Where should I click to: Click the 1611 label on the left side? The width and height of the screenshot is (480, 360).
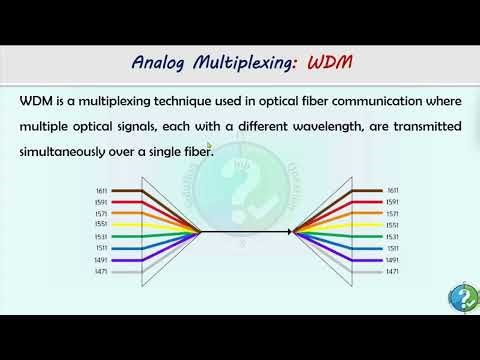pos(101,189)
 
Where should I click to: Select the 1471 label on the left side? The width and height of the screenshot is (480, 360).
pos(101,271)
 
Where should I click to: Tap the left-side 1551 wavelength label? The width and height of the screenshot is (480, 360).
pos(101,225)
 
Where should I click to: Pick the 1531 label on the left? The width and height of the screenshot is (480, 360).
pos(101,236)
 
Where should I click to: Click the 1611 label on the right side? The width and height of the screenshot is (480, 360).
pos(393,189)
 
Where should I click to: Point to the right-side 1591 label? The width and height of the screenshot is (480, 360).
pos(393,201)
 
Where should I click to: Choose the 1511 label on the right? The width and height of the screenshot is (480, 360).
pos(393,248)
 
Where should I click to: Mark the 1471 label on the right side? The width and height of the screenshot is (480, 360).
pos(393,271)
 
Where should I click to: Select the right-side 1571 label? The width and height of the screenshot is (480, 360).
pos(393,213)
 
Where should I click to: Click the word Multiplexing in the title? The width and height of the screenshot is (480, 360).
pos(241,63)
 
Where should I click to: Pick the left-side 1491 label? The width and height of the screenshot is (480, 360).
pos(101,259)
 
